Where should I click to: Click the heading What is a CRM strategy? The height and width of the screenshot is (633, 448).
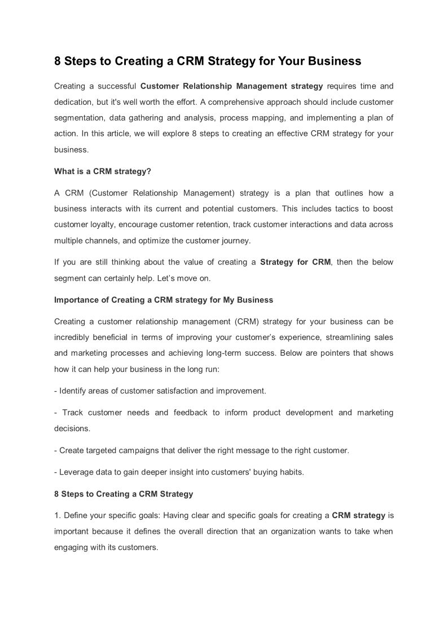click(103, 171)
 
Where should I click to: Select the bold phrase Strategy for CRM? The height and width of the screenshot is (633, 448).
click(296, 262)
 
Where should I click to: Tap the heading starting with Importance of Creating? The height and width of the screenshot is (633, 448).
click(164, 300)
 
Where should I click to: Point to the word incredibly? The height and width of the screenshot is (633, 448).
click(74, 337)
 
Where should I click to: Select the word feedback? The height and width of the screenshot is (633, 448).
click(189, 413)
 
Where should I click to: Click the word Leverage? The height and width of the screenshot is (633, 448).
click(76, 472)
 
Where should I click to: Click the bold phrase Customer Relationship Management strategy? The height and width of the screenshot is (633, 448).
click(231, 86)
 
